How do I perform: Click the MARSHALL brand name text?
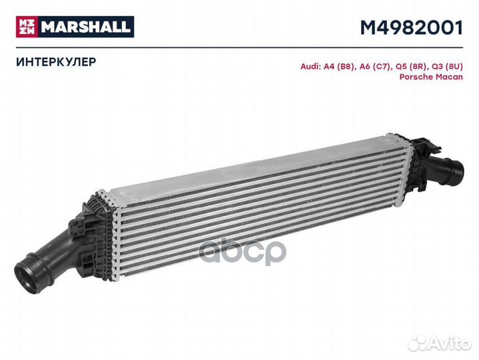(x=87, y=27)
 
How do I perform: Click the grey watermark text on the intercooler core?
(x=243, y=249)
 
